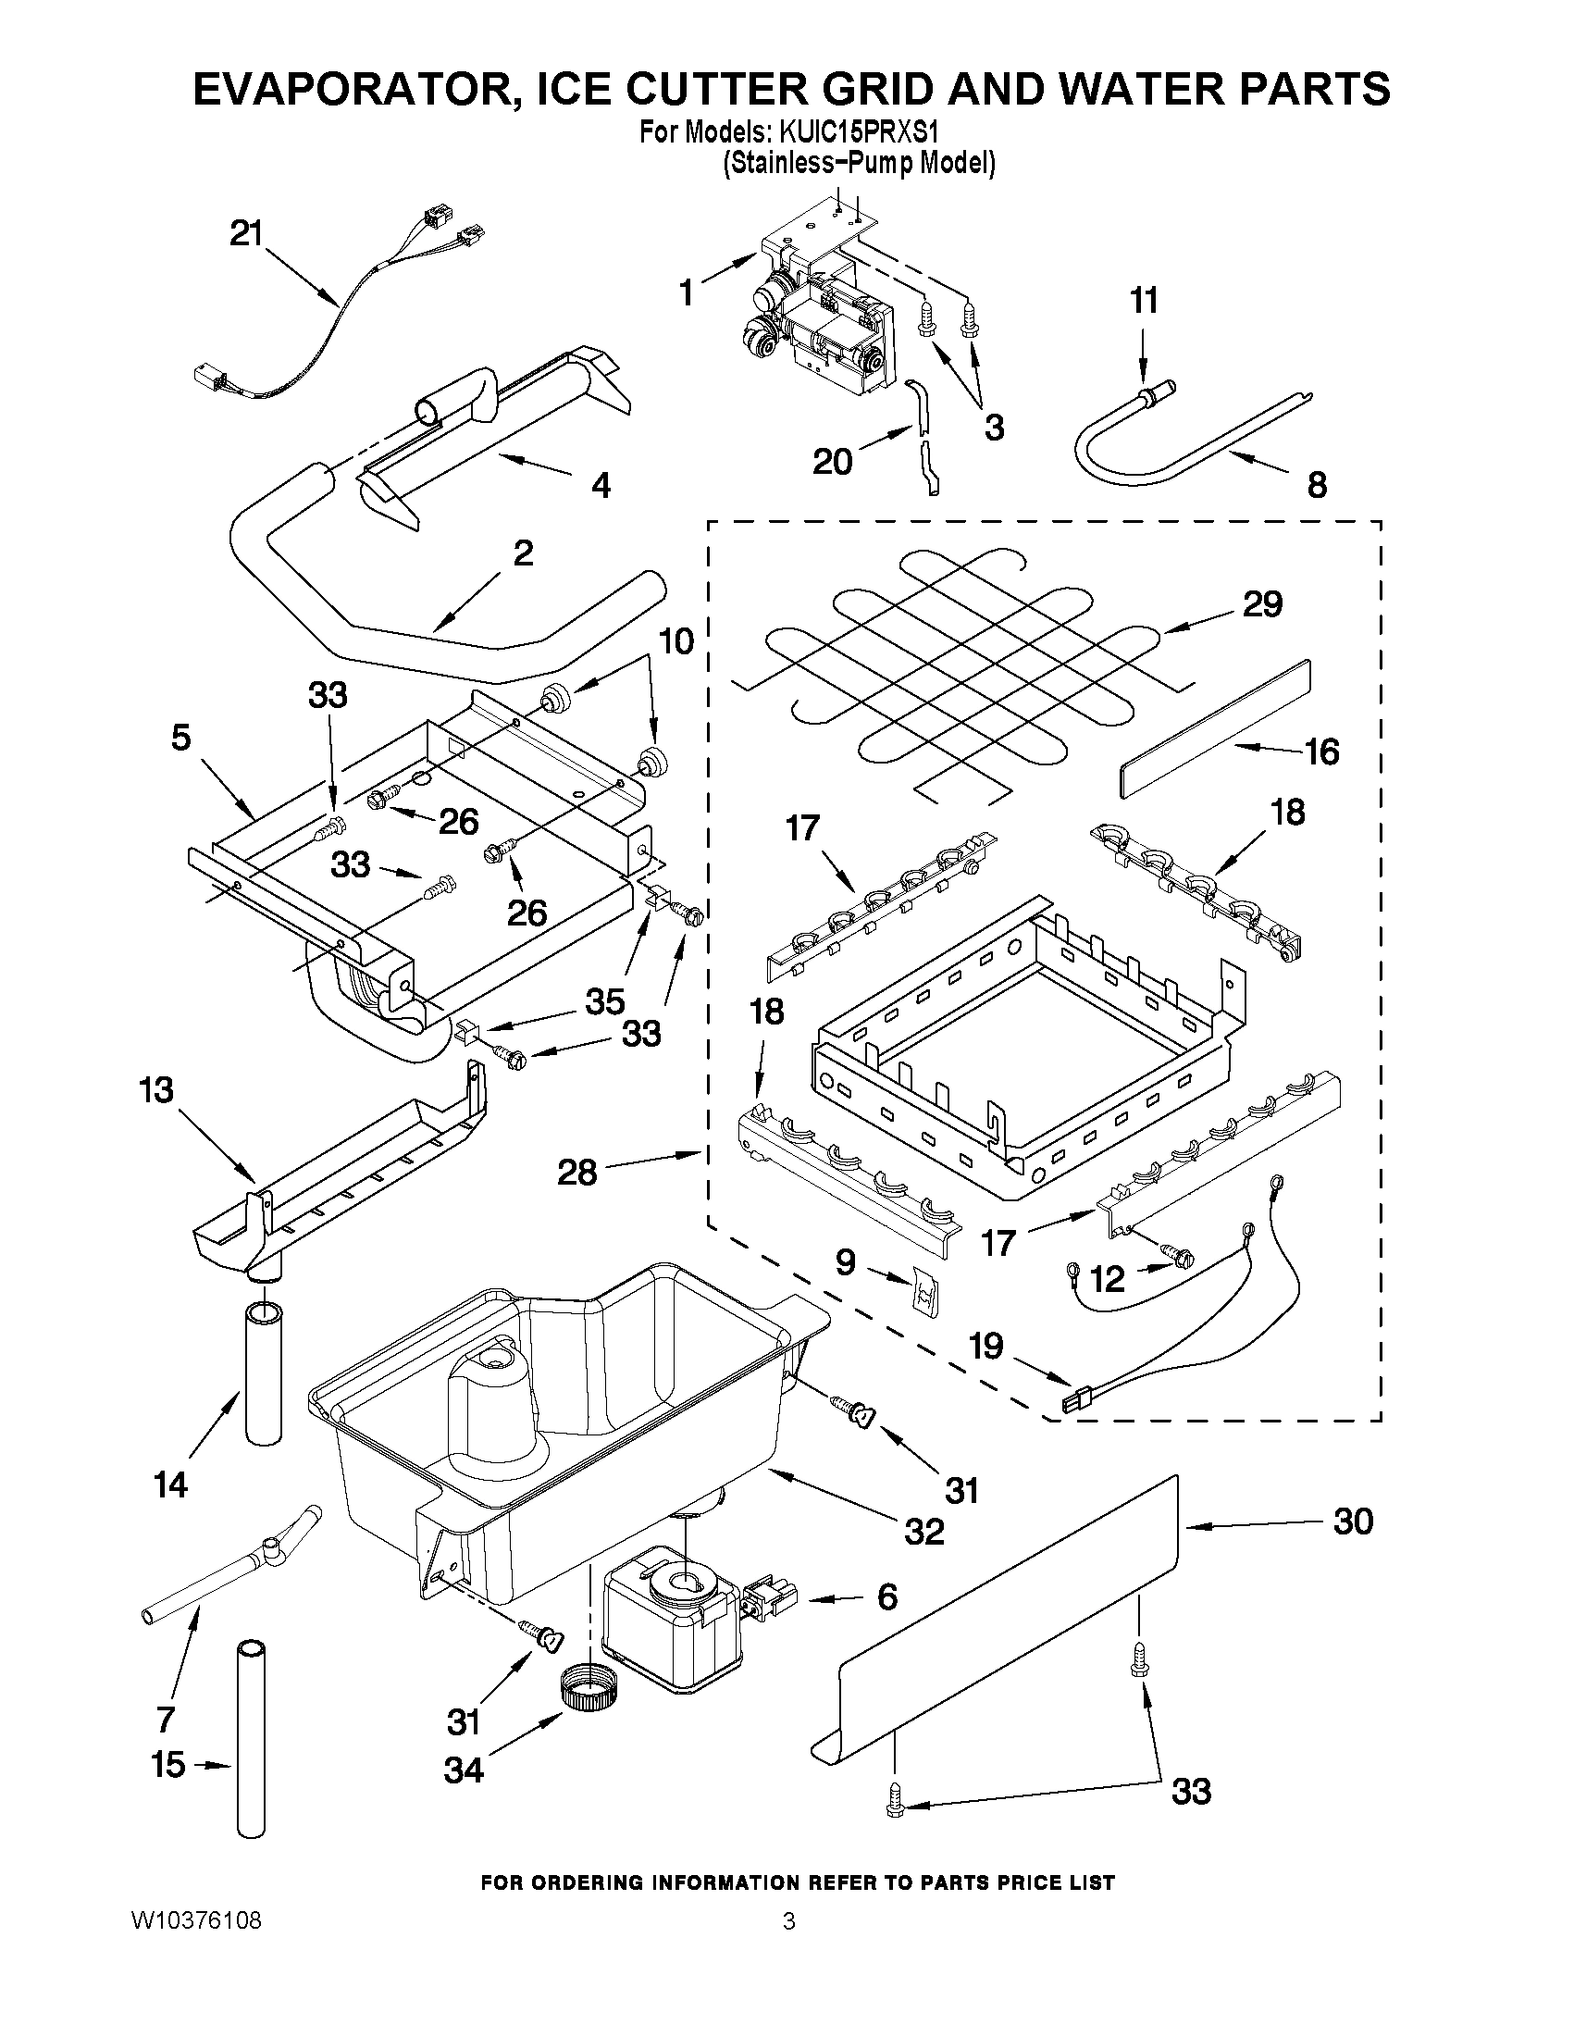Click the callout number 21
(247, 233)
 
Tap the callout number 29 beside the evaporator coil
(1261, 603)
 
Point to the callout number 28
(576, 1173)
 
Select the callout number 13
(155, 1088)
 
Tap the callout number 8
(1317, 484)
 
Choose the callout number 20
(832, 461)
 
